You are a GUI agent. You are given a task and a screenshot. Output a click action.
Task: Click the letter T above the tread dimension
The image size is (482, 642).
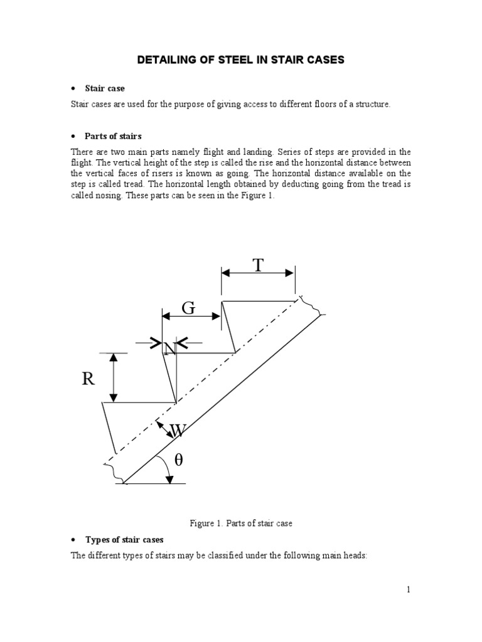pyautogui.click(x=257, y=266)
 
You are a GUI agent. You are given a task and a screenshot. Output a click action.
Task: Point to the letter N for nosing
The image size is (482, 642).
pyautogui.click(x=169, y=349)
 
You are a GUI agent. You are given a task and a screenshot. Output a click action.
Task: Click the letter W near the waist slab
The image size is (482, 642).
pyautogui.click(x=178, y=431)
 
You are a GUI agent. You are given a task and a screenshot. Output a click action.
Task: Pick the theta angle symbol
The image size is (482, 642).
pyautogui.click(x=178, y=460)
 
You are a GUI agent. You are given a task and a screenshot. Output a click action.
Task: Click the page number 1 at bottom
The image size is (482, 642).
pyautogui.click(x=407, y=589)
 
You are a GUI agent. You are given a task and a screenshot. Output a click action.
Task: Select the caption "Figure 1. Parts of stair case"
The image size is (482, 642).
pyautogui.click(x=240, y=523)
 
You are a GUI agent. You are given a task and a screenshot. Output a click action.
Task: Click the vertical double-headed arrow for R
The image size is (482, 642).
pyautogui.click(x=113, y=377)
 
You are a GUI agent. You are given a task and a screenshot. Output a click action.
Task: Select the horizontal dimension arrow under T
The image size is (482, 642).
pyautogui.click(x=258, y=273)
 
